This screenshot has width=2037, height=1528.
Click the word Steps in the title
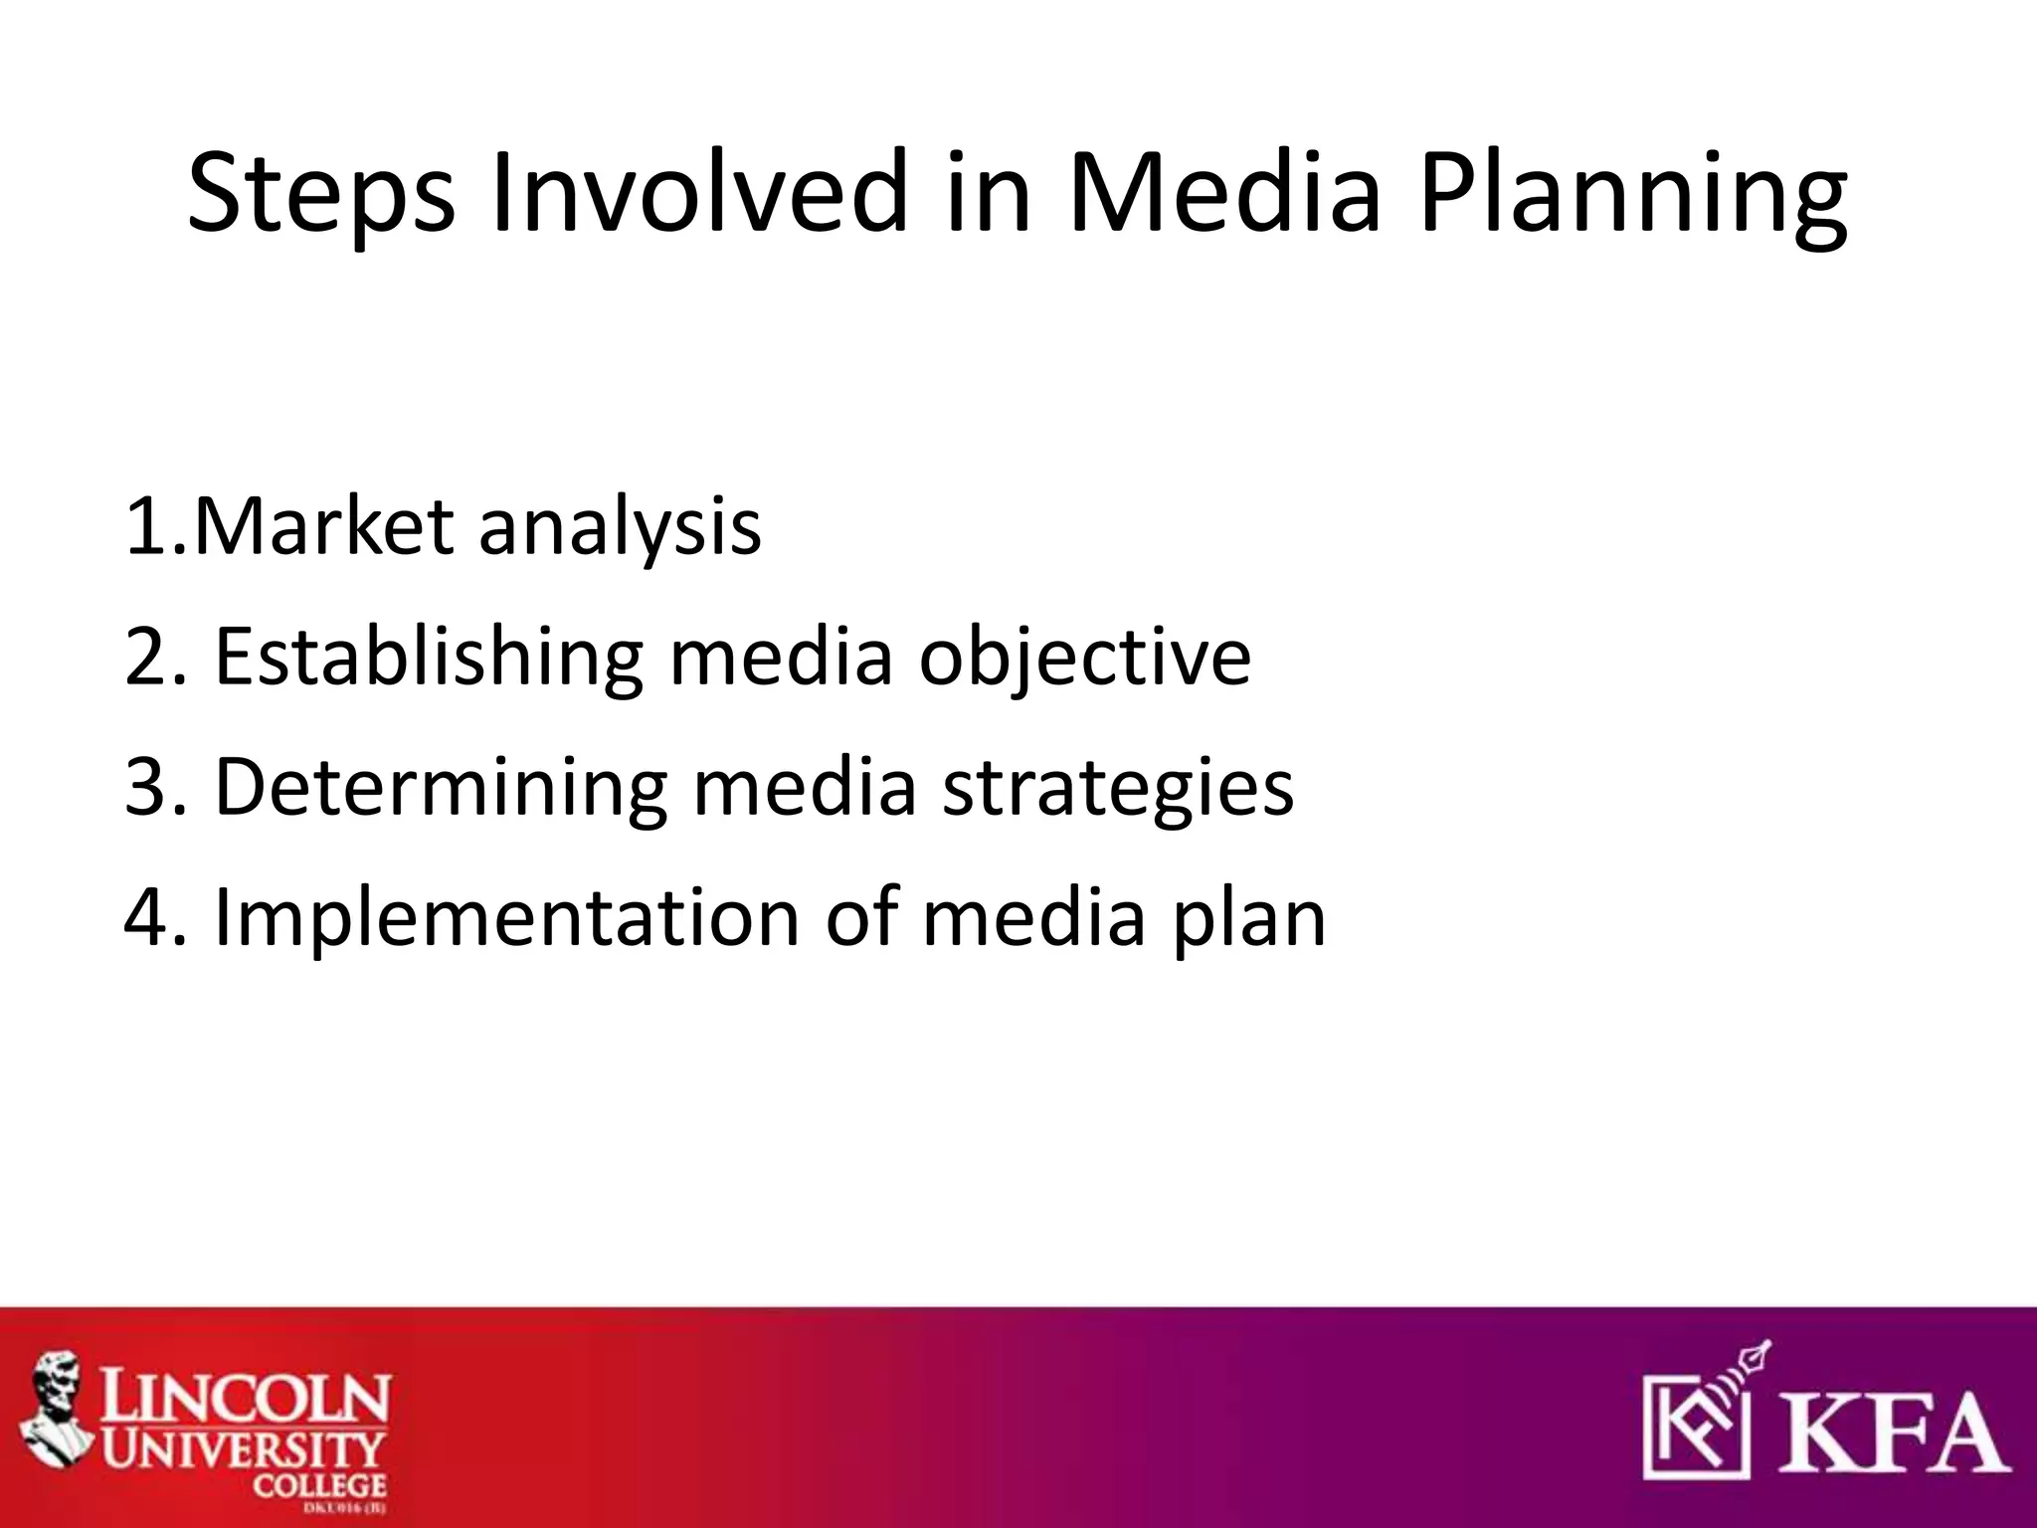click(320, 194)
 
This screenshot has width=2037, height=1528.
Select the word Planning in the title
click(1632, 194)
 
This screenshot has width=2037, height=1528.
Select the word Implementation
click(506, 918)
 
